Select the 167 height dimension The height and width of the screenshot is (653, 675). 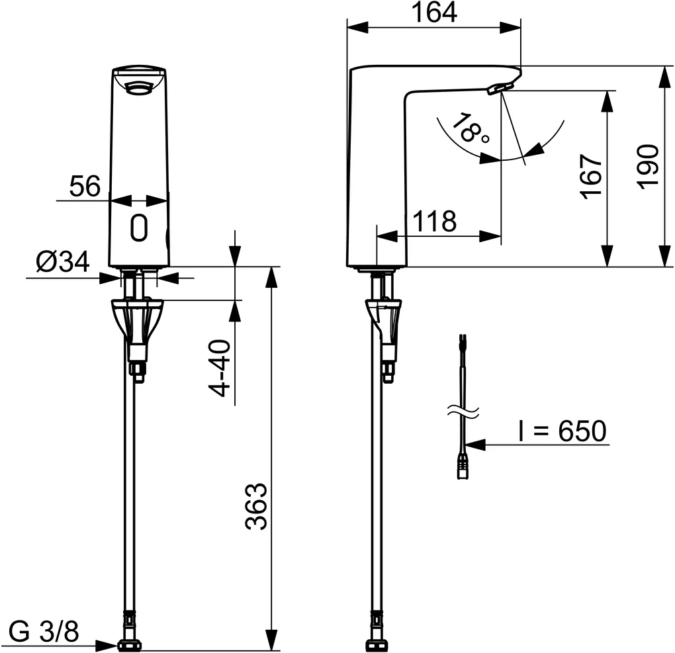click(591, 175)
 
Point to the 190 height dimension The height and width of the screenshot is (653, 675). click(649, 167)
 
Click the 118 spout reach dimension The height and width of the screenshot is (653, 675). click(435, 222)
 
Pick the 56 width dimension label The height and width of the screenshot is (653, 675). click(85, 187)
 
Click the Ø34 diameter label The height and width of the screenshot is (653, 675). click(62, 263)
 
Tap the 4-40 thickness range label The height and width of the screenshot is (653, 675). click(222, 367)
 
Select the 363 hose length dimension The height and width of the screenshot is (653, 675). click(256, 506)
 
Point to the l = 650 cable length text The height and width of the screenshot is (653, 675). click(561, 431)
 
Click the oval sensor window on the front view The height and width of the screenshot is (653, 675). click(138, 228)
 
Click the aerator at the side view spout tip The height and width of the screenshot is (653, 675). click(500, 89)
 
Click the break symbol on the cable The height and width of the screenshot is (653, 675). click(463, 412)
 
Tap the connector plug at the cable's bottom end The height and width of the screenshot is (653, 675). click(462, 466)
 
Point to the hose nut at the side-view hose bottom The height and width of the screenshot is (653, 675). click(377, 644)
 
